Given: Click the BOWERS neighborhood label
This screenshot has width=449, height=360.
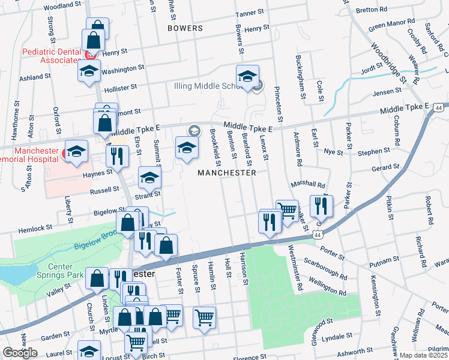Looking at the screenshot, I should (x=185, y=28).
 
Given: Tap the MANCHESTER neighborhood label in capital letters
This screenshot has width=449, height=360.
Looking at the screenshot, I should (x=228, y=173).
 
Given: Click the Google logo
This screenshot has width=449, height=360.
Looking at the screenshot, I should (x=20, y=353).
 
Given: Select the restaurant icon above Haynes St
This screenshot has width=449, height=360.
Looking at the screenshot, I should (x=118, y=155).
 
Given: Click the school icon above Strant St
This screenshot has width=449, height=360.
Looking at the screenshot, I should (x=150, y=177).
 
